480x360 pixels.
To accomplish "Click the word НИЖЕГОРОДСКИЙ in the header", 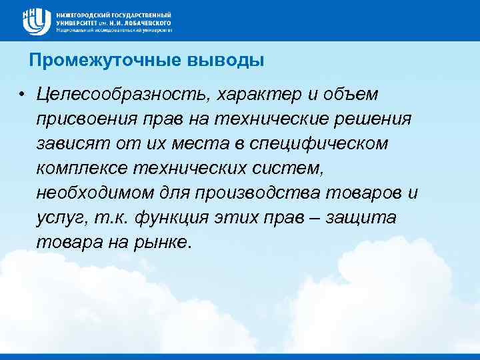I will coord(83,14).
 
